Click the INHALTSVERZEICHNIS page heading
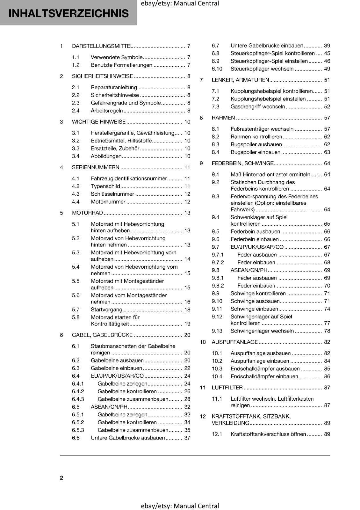(68, 13)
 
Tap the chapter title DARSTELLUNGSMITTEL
(102, 46)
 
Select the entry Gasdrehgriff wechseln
(257, 107)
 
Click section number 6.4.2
(78, 391)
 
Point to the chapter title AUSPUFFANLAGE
(234, 342)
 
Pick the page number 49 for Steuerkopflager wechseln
(327, 69)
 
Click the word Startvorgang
(106, 310)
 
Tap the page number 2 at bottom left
(61, 477)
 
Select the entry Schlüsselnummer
(112, 194)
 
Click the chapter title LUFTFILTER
(227, 388)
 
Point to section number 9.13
(217, 331)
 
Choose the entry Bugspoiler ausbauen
(256, 145)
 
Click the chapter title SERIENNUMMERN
(96, 167)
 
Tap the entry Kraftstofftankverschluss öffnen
(268, 434)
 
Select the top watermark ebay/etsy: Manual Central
(180, 4)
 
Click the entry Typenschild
(105, 186)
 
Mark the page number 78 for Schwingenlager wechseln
(327, 331)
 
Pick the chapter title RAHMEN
(223, 118)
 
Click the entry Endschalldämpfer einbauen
(264, 376)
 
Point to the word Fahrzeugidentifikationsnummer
(129, 178)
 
